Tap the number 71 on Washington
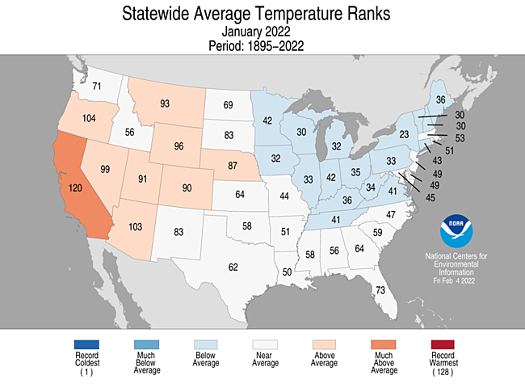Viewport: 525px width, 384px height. [95, 87]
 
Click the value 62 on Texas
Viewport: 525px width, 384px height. [233, 267]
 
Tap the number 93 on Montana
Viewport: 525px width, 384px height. [165, 103]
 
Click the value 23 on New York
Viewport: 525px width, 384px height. [405, 133]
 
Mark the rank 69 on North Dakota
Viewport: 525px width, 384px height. [228, 105]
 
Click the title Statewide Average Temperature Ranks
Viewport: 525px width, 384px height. [262, 14]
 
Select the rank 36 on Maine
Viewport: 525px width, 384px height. [440, 99]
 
